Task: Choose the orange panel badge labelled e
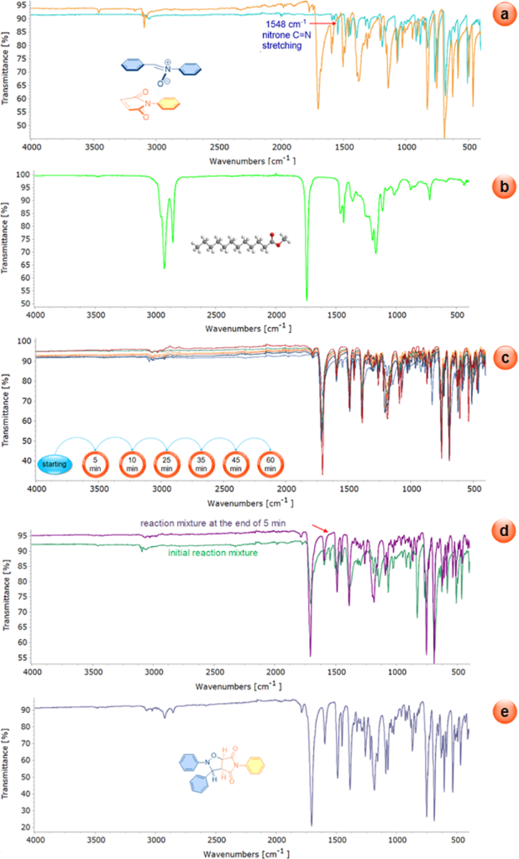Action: tap(501, 712)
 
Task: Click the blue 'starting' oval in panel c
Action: tap(55, 462)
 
